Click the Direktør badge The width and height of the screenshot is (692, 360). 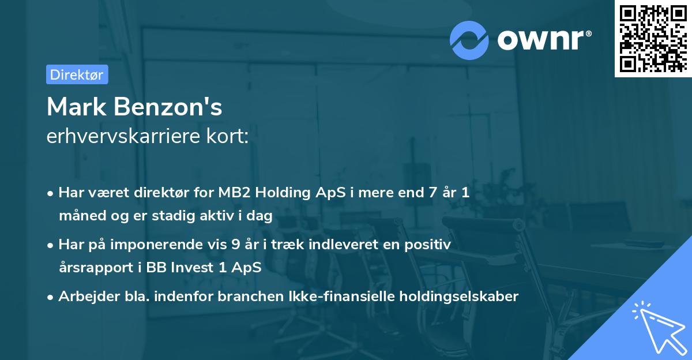pyautogui.click(x=77, y=74)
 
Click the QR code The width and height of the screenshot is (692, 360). pyautogui.click(x=653, y=39)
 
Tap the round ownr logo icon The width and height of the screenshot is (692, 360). pyautogui.click(x=469, y=39)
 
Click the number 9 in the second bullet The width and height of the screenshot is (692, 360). pyautogui.click(x=235, y=245)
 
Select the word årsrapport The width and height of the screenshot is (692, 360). pyautogui.click(x=89, y=268)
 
